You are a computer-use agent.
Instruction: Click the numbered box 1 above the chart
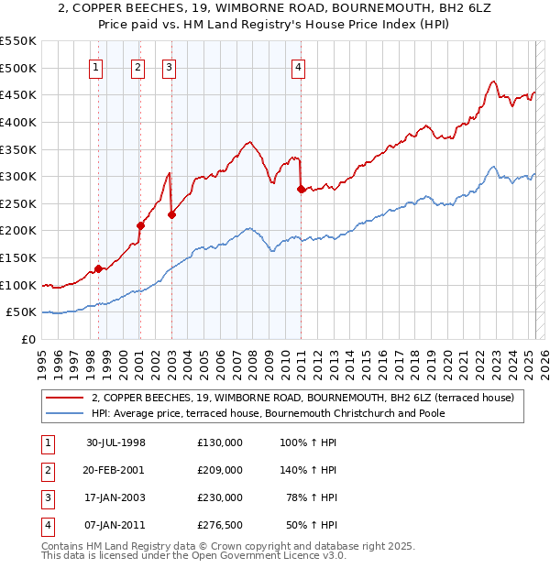pyautogui.click(x=96, y=65)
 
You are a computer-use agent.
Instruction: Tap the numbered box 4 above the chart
pyautogui.click(x=299, y=65)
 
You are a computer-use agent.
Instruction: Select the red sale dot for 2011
pyautogui.click(x=301, y=189)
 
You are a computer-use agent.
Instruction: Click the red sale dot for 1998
pyautogui.click(x=98, y=268)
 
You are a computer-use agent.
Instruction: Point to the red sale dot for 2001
pyautogui.click(x=140, y=225)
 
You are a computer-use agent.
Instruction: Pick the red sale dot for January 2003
pyautogui.click(x=171, y=214)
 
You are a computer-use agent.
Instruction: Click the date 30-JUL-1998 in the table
pyautogui.click(x=116, y=442)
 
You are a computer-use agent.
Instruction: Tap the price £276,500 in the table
pyautogui.click(x=220, y=525)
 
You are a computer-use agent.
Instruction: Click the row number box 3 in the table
pyautogui.click(x=47, y=497)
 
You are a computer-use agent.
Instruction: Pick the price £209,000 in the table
pyautogui.click(x=220, y=470)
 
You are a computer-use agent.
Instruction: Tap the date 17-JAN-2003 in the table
pyautogui.click(x=116, y=497)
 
